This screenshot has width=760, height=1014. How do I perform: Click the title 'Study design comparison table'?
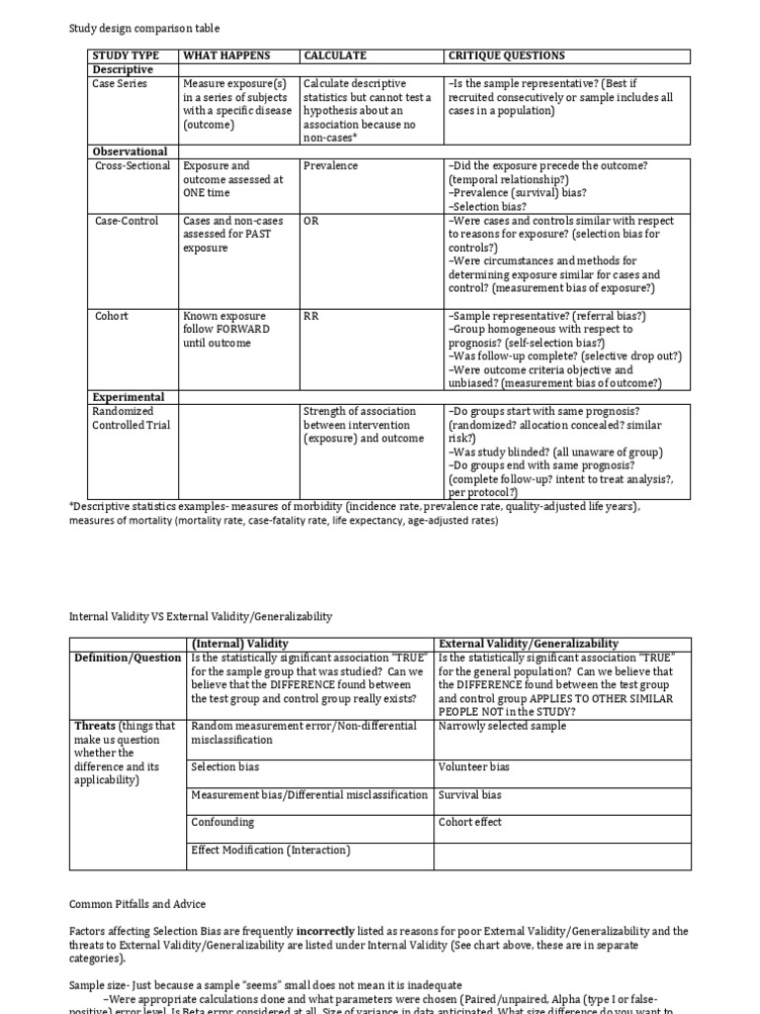(144, 29)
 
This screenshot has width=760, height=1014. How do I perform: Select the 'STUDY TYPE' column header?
(125, 55)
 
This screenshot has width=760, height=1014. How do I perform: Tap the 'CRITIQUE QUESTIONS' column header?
(507, 55)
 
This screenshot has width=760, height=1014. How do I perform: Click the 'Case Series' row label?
(120, 84)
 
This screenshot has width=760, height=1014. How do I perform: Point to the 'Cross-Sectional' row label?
(133, 166)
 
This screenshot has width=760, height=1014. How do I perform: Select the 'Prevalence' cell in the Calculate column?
(331, 166)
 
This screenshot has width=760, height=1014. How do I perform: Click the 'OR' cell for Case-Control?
(312, 221)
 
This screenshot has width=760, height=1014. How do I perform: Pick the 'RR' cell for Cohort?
(312, 316)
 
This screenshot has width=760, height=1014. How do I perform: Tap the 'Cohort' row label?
(112, 316)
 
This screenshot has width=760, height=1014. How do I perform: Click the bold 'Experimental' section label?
(128, 397)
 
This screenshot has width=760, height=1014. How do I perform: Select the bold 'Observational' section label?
(130, 152)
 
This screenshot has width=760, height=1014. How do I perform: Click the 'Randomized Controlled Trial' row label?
(131, 418)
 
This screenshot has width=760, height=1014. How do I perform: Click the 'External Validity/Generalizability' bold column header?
(528, 644)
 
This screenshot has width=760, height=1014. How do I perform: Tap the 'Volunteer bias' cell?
(475, 766)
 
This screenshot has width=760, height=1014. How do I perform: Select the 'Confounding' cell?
(223, 822)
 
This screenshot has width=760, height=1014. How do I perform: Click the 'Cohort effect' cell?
(470, 822)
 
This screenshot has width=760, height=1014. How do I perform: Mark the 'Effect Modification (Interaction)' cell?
(270, 850)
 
